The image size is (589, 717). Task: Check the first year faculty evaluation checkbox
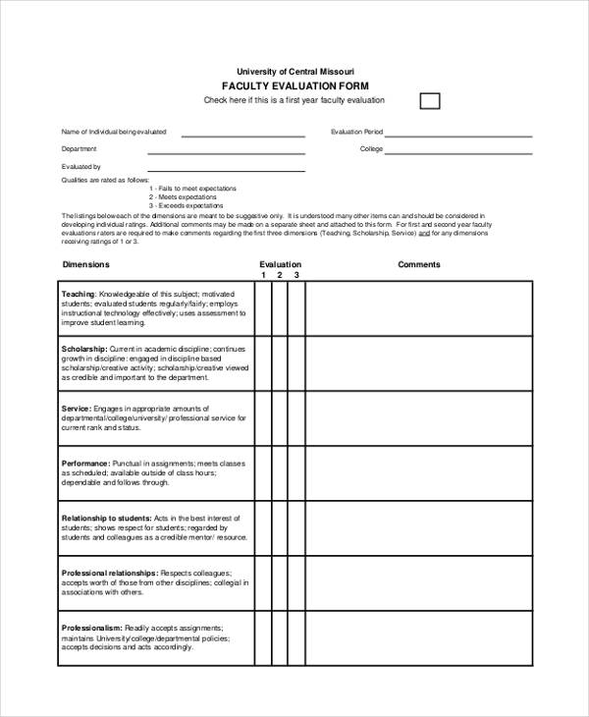pyautogui.click(x=430, y=100)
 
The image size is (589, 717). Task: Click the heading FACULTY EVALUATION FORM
pyautogui.click(x=294, y=85)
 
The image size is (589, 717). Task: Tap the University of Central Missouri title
pyautogui.click(x=294, y=72)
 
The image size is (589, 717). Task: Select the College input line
pyautogui.click(x=458, y=151)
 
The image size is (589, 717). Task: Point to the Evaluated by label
pyautogui.click(x=81, y=167)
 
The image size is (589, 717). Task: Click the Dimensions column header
pyautogui.click(x=86, y=264)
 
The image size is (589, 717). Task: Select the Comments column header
pyautogui.click(x=419, y=264)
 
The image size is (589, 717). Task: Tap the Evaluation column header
pyautogui.click(x=280, y=264)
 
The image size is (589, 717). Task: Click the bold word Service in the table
pyautogui.click(x=76, y=407)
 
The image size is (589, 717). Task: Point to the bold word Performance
pyautogui.click(x=85, y=463)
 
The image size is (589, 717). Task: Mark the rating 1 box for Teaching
pyautogui.click(x=263, y=307)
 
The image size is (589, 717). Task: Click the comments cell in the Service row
pyautogui.click(x=419, y=419)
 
